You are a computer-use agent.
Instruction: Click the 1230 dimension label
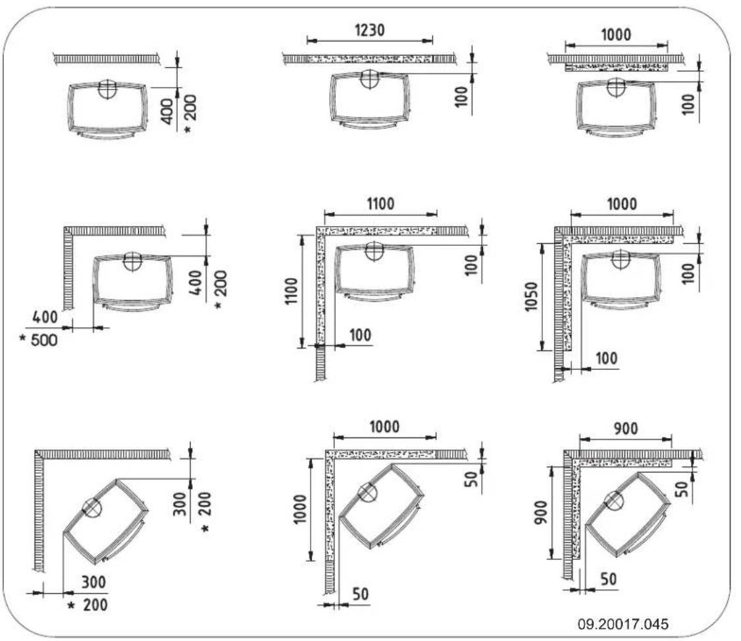tap(370, 30)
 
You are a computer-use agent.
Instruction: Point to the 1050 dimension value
tap(532, 296)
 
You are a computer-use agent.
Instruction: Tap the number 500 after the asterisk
tap(44, 340)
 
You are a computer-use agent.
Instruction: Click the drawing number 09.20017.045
tap(623, 624)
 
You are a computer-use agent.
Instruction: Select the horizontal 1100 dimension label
tap(380, 204)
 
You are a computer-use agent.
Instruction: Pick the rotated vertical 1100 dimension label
tap(292, 291)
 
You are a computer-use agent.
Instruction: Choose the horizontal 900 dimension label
tap(626, 429)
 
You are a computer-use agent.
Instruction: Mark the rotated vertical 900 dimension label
tap(541, 513)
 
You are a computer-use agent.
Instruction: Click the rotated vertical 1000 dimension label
tap(301, 509)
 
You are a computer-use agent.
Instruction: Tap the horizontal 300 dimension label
tap(93, 582)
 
